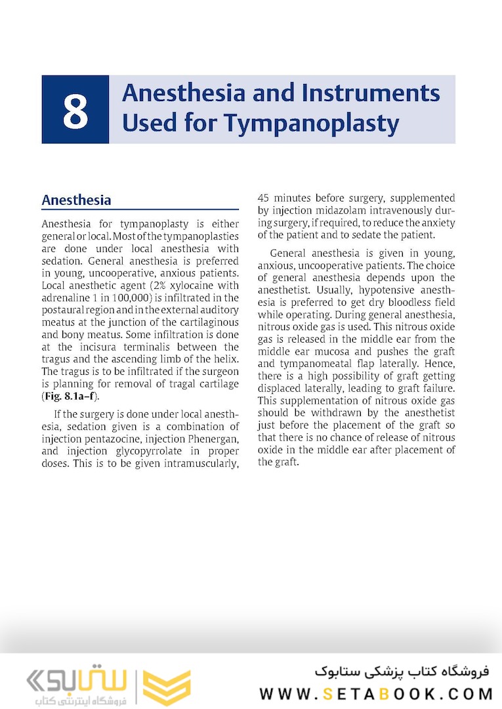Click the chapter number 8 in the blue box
pos(75,110)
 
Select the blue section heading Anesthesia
pos(76,200)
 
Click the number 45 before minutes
pos(264,198)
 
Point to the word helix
pos(224,360)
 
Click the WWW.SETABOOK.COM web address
pos(376,694)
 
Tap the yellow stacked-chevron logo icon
pos(167,686)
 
